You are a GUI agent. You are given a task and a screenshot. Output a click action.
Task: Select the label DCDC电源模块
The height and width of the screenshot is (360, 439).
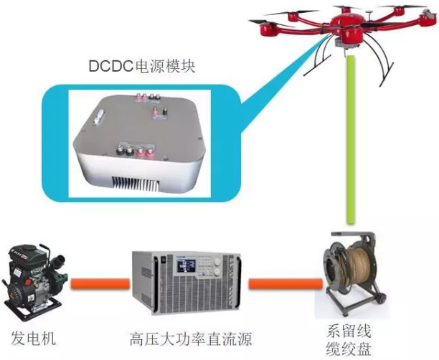pos(142,67)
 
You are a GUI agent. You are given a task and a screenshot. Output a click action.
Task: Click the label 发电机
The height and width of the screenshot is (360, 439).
pos(33,338)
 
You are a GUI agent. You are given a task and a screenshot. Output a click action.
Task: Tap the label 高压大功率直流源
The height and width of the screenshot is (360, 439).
pos(190,338)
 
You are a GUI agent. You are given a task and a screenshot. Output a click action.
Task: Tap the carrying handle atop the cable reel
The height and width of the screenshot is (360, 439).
pos(351,238)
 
